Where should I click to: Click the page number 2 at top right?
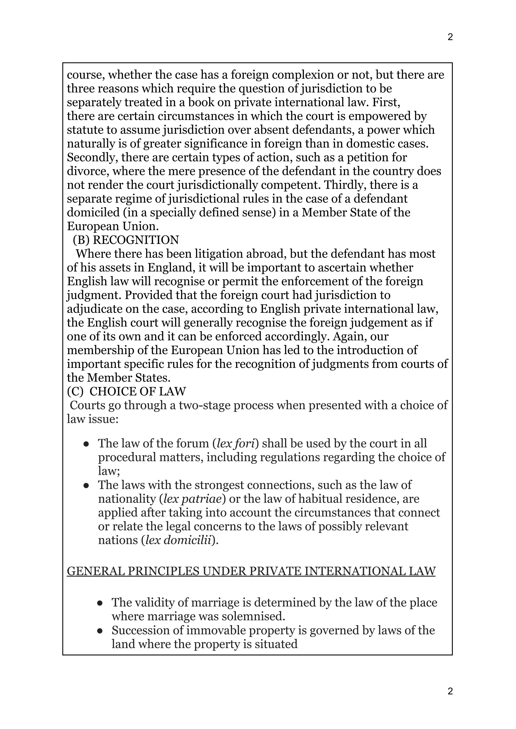450,37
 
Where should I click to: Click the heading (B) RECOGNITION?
126,240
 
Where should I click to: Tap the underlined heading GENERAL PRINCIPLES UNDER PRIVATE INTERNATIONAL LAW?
251,571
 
